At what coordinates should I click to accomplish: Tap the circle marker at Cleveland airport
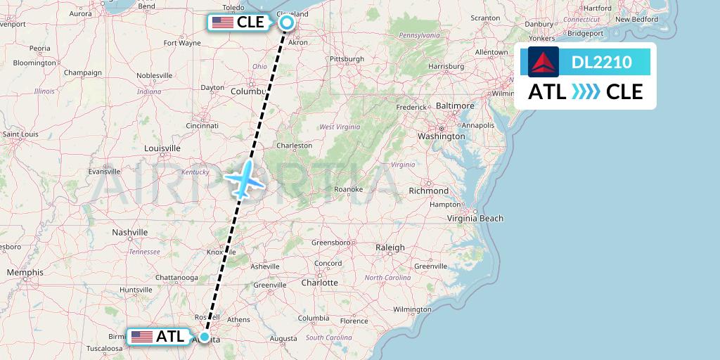click(287, 22)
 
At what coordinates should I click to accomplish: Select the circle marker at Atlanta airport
click(205, 337)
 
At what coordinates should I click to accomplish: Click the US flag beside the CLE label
click(223, 22)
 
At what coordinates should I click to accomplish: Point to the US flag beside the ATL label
click(142, 337)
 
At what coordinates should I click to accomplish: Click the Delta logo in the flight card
click(544, 63)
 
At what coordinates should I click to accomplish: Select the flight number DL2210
click(602, 63)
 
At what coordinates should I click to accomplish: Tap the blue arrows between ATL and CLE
click(586, 92)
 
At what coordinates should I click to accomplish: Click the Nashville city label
click(130, 232)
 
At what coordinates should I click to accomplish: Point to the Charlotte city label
click(319, 283)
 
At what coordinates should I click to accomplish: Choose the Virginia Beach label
click(476, 219)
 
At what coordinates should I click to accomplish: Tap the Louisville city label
click(162, 148)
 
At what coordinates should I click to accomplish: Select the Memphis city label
click(25, 272)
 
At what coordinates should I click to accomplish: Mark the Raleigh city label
click(390, 247)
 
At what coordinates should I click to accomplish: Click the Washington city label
click(441, 136)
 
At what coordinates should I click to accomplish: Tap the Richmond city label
click(428, 191)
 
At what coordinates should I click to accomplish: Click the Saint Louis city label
click(20, 134)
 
